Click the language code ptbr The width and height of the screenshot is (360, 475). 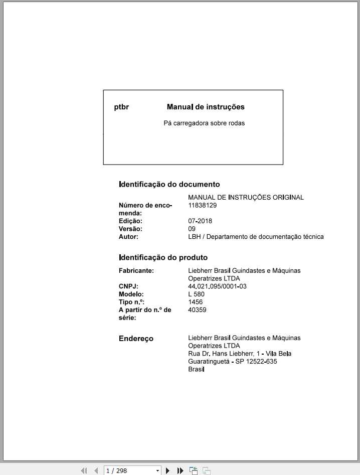click(x=121, y=107)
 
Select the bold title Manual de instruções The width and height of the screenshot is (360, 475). click(x=206, y=107)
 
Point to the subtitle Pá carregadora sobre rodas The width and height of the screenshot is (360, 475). click(x=204, y=123)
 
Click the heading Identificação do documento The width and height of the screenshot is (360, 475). click(x=169, y=184)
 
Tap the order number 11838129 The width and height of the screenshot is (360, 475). click(x=203, y=205)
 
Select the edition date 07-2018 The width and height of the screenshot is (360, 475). click(x=200, y=221)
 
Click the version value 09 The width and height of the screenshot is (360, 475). click(x=192, y=229)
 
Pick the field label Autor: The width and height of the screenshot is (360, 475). click(x=128, y=237)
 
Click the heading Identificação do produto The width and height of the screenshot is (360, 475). click(x=163, y=257)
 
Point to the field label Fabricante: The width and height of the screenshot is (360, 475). click(x=136, y=270)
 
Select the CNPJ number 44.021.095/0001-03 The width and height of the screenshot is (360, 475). click(x=217, y=286)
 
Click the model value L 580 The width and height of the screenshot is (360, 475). click(x=196, y=294)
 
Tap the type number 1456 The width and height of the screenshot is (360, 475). click(x=196, y=302)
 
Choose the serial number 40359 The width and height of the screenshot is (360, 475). click(x=197, y=310)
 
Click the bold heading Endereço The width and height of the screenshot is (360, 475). click(x=136, y=339)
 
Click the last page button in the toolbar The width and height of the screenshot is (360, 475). click(x=181, y=470)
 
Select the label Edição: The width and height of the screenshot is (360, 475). click(x=130, y=221)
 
